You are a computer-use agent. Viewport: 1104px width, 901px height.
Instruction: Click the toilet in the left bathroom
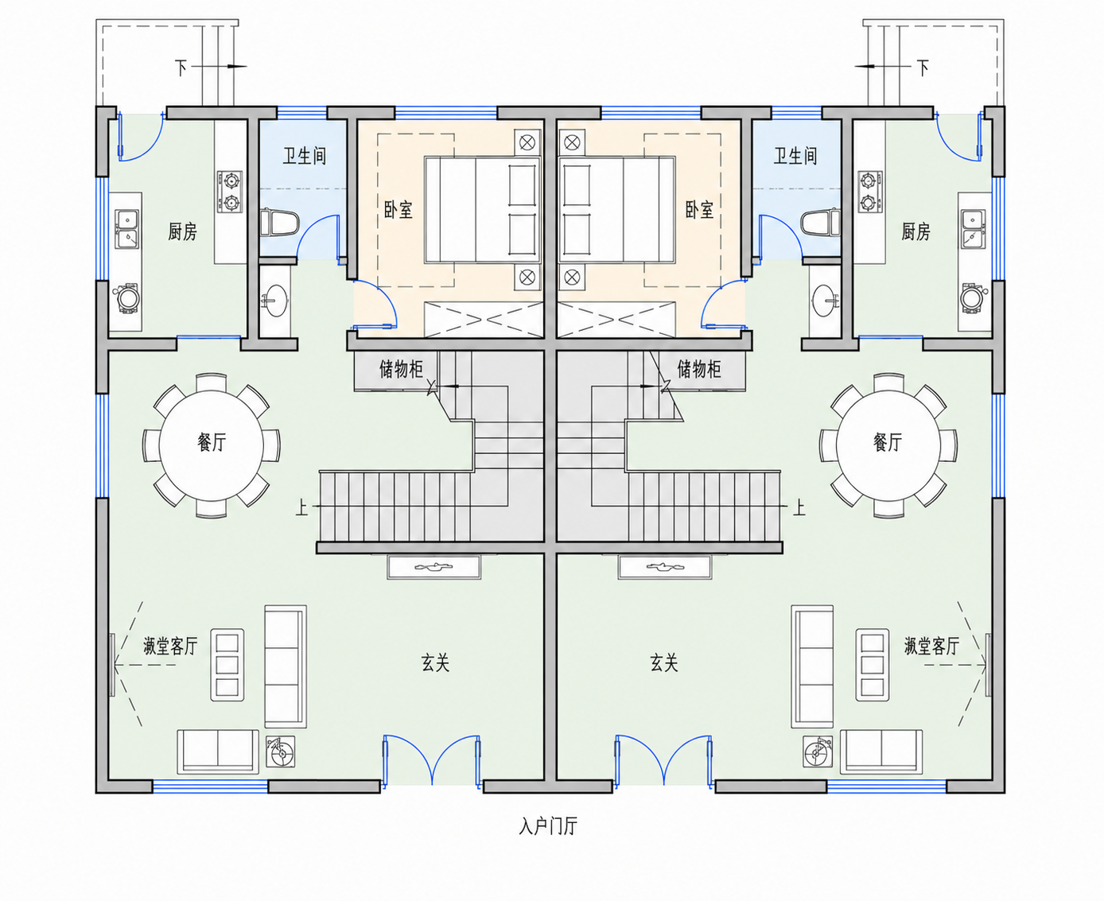pyautogui.click(x=279, y=223)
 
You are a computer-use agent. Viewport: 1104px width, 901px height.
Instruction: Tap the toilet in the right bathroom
pyautogui.click(x=821, y=223)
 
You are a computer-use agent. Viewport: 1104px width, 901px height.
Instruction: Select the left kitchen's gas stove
pyautogui.click(x=230, y=191)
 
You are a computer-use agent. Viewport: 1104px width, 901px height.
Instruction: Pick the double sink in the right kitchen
pyautogui.click(x=973, y=229)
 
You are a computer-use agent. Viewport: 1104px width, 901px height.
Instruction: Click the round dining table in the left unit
pyautogui.click(x=212, y=445)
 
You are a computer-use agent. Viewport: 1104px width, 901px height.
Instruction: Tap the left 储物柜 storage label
pyautogui.click(x=401, y=369)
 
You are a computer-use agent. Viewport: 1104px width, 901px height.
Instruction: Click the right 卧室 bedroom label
pyautogui.click(x=699, y=210)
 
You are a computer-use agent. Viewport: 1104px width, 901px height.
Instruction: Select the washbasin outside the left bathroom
pyautogui.click(x=275, y=301)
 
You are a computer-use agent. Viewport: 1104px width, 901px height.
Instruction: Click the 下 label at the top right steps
pyautogui.click(x=923, y=68)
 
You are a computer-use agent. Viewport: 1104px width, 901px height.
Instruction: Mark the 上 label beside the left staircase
pyautogui.click(x=301, y=507)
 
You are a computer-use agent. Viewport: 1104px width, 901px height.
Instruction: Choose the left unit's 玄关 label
pyautogui.click(x=436, y=663)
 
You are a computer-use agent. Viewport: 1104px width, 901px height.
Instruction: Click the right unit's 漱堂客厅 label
pyautogui.click(x=931, y=646)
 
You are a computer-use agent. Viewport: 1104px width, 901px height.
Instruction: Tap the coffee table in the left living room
pyautogui.click(x=227, y=664)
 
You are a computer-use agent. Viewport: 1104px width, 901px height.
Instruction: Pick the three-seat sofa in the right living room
pyautogui.click(x=812, y=666)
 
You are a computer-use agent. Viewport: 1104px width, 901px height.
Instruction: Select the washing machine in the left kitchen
pyautogui.click(x=127, y=298)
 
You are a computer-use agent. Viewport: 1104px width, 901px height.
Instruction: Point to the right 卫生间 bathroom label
pyautogui.click(x=795, y=156)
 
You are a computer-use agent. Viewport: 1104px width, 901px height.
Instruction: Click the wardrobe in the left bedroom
pyautogui.click(x=484, y=320)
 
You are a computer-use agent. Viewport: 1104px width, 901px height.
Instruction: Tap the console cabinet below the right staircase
pyautogui.click(x=665, y=568)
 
